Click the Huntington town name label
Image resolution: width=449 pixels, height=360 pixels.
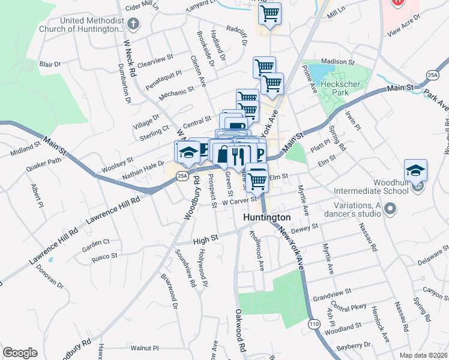pyautogui.click(x=267, y=217)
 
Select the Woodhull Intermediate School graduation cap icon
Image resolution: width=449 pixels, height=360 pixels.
pyautogui.click(x=415, y=170)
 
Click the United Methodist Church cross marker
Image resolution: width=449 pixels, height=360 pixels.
pyautogui.click(x=133, y=25)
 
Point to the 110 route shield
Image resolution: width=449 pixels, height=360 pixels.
pyautogui.click(x=314, y=324)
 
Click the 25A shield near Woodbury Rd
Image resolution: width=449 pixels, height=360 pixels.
pyautogui.click(x=182, y=176)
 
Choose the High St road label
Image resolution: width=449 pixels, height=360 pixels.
pyautogui.click(x=204, y=240)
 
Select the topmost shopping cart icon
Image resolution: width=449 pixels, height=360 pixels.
pyautogui.click(x=270, y=13)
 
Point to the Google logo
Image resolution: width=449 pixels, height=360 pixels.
pyautogui.click(x=20, y=352)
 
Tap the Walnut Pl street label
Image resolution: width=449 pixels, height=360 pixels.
pyautogui.click(x=145, y=347)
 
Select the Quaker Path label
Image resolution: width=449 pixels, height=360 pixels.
pyautogui.click(x=47, y=161)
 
